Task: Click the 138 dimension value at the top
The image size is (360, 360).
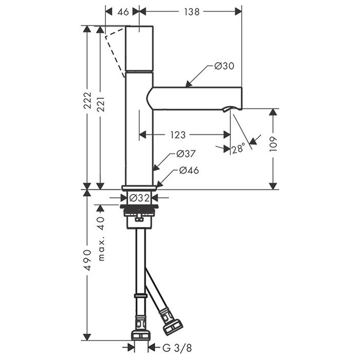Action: (x=192, y=12)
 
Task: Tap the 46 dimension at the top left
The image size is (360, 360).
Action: (x=123, y=12)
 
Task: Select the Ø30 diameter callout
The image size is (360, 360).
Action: (x=224, y=66)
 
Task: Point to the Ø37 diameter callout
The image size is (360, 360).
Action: (x=186, y=154)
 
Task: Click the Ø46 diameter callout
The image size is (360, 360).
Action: (x=189, y=170)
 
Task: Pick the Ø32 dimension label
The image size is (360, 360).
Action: (x=139, y=197)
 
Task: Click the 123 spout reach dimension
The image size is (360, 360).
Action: (x=178, y=135)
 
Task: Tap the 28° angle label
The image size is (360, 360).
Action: (x=238, y=149)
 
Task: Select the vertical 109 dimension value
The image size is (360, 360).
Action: (x=273, y=144)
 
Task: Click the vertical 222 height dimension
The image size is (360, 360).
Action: (x=87, y=100)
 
